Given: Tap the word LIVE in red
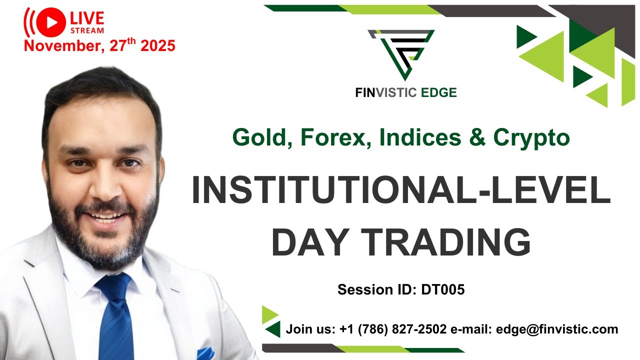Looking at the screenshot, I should (87, 18).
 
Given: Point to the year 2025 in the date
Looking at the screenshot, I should (157, 46).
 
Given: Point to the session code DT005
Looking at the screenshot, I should (442, 289).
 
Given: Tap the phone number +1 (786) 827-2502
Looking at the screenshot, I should (392, 329).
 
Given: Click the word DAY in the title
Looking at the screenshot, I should (306, 242).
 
